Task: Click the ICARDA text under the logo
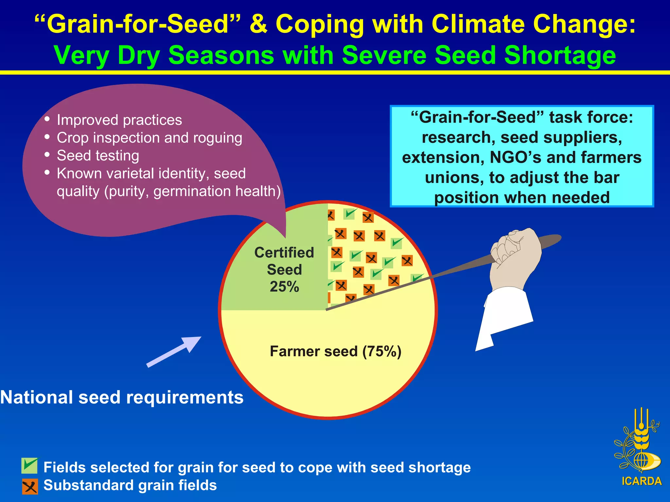click(641, 481)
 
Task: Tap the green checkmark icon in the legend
click(29, 465)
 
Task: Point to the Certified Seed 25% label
click(284, 270)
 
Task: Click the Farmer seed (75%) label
click(335, 352)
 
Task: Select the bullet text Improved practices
click(119, 120)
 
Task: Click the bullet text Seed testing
click(98, 156)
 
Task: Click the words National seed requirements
click(122, 397)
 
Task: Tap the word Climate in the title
click(478, 24)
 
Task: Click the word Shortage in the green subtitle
click(560, 55)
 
